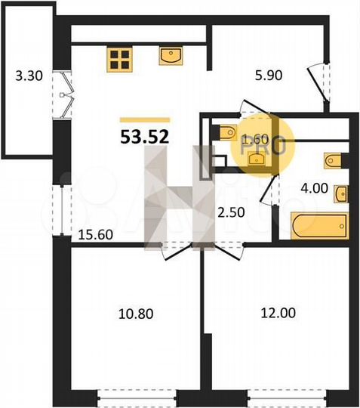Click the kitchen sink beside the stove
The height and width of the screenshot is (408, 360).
[x=171, y=57]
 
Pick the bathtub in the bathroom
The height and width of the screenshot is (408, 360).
[x=320, y=225]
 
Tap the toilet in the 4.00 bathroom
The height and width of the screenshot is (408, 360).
[x=334, y=159]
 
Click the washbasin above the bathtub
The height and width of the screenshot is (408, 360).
[x=341, y=193]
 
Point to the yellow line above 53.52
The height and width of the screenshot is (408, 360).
[x=145, y=119]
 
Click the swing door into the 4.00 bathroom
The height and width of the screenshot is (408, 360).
[x=268, y=191]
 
